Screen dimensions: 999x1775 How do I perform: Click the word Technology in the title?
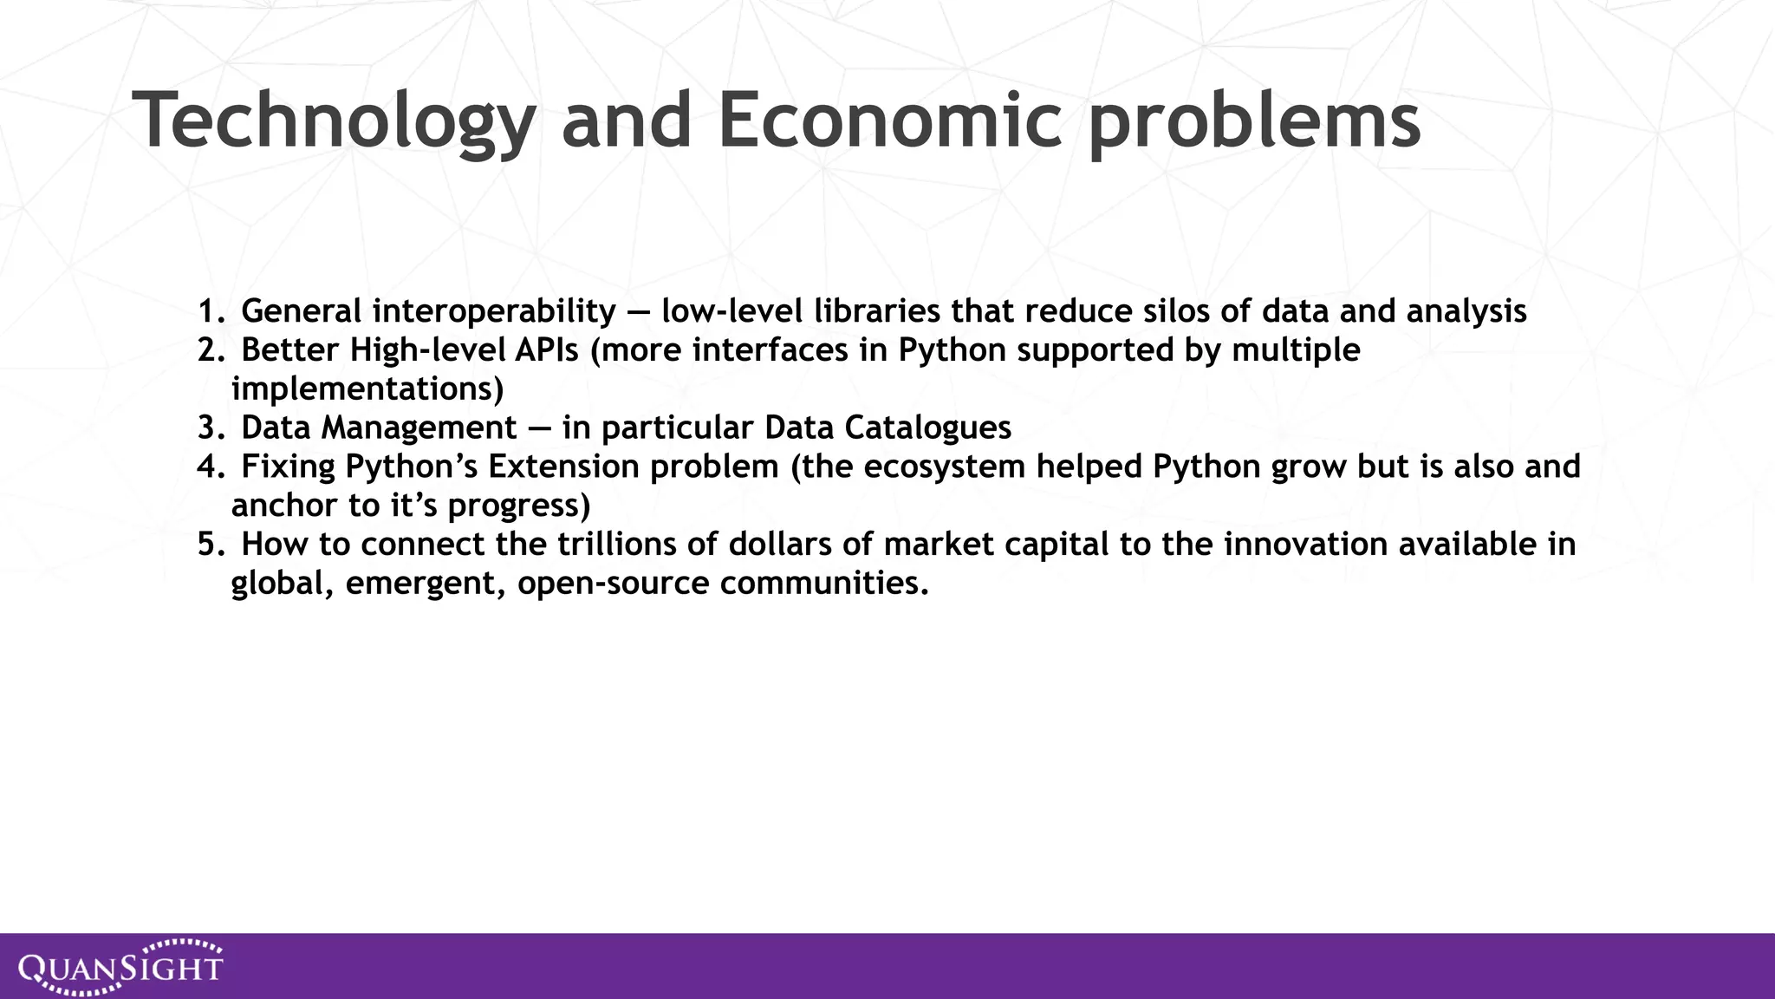pos(334,121)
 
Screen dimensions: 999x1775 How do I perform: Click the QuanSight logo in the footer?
pos(120,966)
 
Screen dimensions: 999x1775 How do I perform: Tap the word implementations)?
pos(367,388)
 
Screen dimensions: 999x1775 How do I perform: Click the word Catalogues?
pos(927,428)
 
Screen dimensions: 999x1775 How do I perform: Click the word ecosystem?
pos(945,467)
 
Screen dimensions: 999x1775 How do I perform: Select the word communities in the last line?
pos(824,583)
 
